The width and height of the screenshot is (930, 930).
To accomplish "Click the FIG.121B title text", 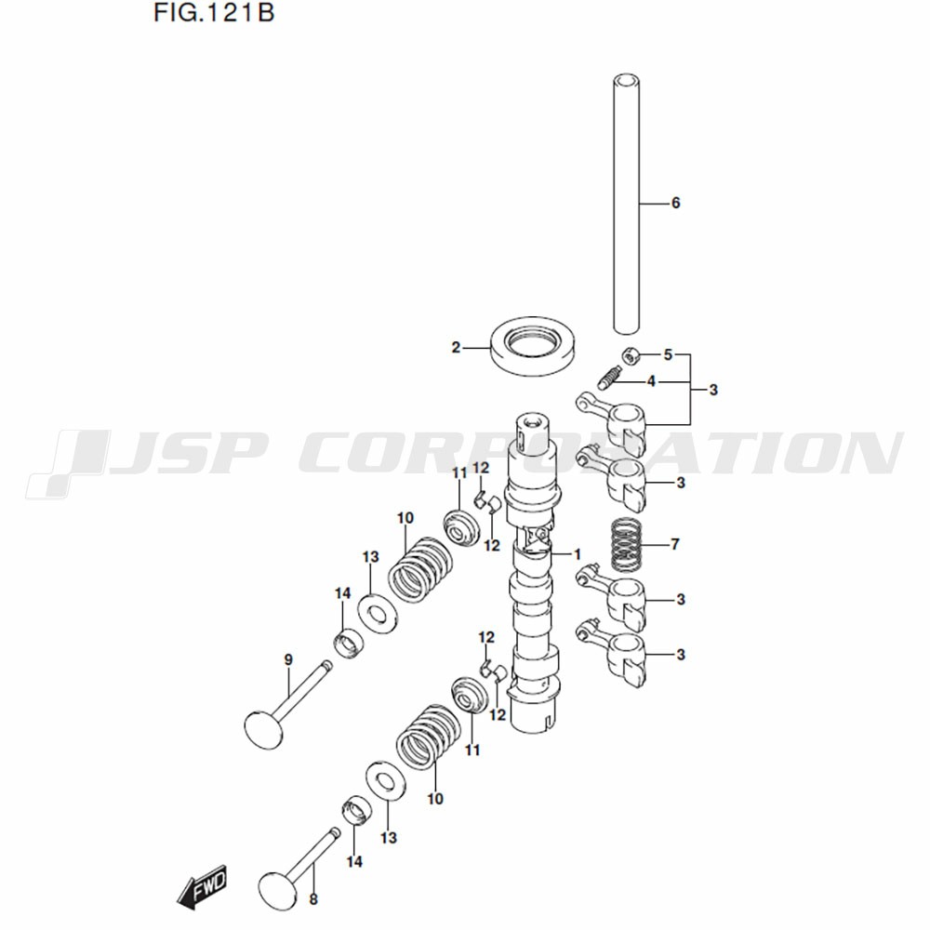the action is (214, 12).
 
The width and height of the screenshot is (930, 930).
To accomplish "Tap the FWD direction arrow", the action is (203, 886).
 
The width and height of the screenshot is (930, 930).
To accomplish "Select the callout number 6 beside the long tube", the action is (675, 203).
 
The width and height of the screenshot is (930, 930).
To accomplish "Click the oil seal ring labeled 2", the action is (532, 346).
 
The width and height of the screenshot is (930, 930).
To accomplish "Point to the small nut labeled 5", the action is (631, 356).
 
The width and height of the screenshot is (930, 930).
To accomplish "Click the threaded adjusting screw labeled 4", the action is (608, 379).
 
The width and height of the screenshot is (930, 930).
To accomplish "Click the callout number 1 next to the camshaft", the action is (578, 554).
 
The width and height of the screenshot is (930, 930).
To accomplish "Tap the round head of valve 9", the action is (263, 729).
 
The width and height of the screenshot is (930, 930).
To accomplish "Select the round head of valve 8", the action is (278, 891).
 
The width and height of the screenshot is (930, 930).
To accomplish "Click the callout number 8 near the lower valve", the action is (313, 899).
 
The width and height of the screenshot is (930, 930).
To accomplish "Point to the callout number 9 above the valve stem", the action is (288, 659).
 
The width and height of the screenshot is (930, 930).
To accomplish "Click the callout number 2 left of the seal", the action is (456, 348).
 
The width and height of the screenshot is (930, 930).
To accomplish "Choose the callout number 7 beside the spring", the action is (674, 544).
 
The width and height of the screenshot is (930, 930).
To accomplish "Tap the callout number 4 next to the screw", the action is (651, 381).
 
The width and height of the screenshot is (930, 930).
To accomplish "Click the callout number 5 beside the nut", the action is (668, 354).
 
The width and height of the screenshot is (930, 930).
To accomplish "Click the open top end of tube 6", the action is (626, 79).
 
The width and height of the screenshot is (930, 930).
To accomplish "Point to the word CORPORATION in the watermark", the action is (599, 454).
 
